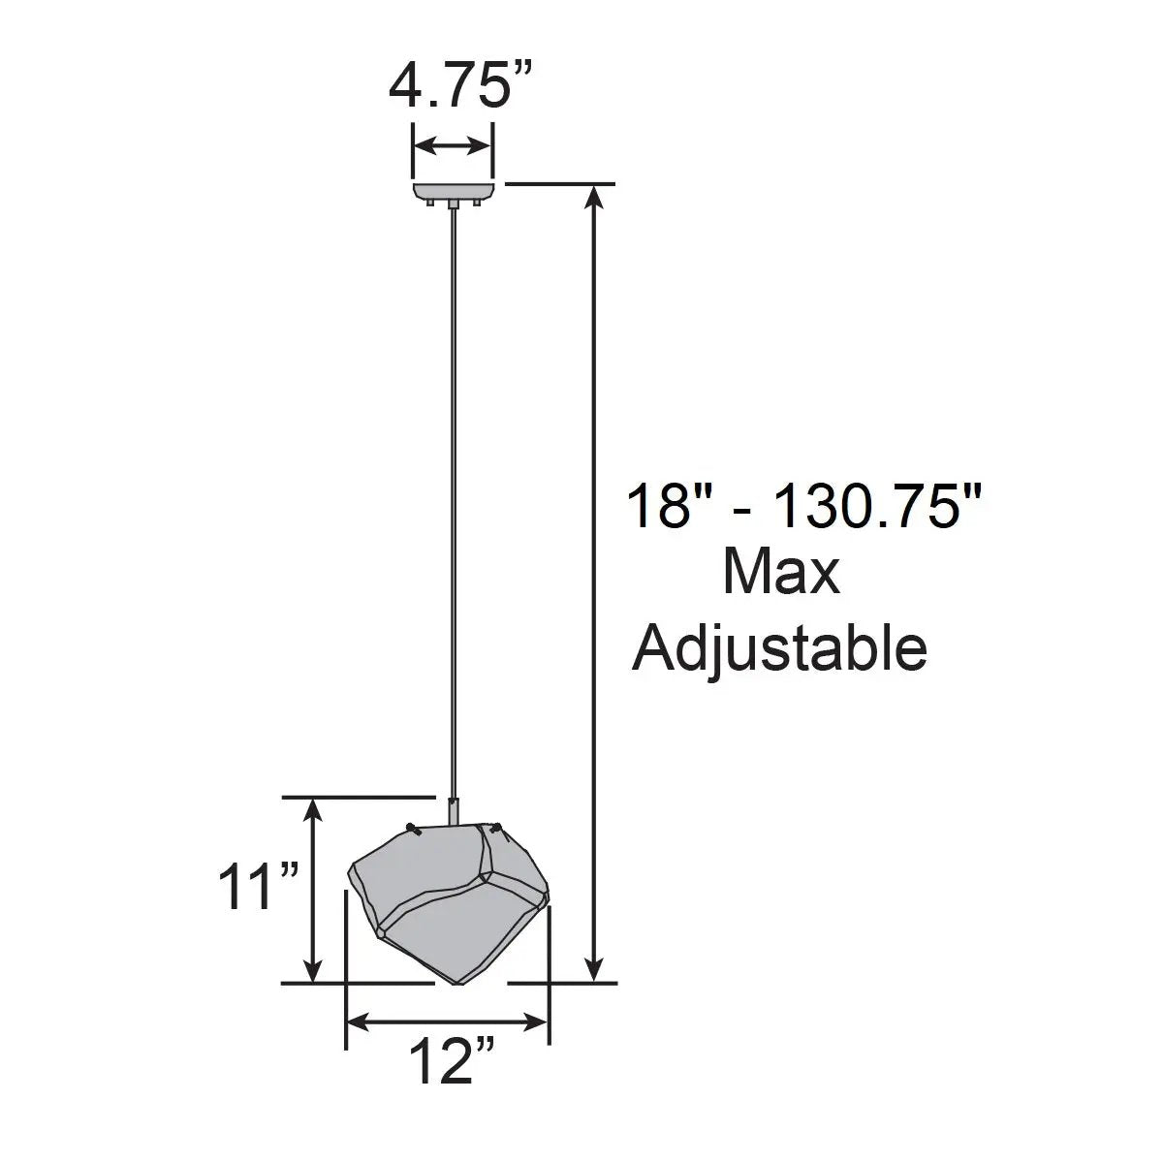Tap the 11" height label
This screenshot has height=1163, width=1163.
coord(259,887)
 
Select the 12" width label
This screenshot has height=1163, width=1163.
coord(452,1060)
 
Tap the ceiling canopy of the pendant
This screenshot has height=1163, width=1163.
coord(454,195)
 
